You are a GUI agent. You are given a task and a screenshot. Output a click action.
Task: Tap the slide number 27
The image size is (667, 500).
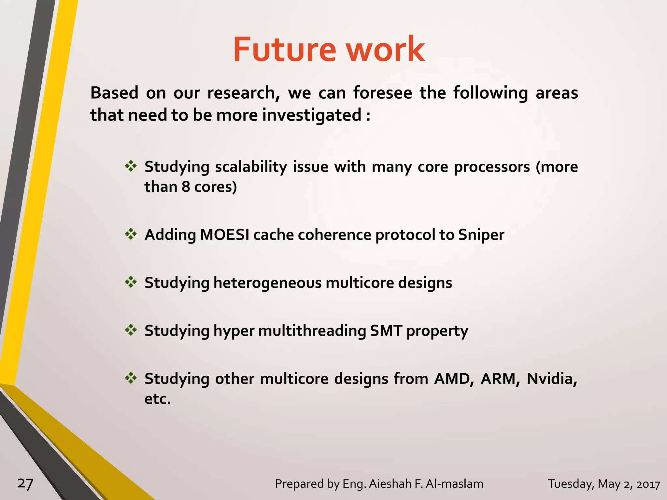point(25,484)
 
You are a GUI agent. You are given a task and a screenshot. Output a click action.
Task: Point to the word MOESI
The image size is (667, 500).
point(224,234)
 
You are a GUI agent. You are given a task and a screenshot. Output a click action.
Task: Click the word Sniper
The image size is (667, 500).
point(481,235)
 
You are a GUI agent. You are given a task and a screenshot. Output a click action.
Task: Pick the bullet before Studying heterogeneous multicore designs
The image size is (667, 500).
point(131,282)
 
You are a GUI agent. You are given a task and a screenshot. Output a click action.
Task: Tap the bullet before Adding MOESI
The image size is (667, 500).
point(131,234)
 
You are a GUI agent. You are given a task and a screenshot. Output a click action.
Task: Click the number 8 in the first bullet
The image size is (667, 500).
point(186,187)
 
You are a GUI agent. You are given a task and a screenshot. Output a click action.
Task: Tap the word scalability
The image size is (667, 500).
point(251,167)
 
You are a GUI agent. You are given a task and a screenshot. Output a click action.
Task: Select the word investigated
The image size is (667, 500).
point(312,115)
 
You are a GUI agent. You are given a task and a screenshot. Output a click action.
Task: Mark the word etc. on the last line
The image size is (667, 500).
point(158,399)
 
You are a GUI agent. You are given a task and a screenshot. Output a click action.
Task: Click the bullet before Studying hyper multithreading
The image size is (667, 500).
point(131,330)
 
